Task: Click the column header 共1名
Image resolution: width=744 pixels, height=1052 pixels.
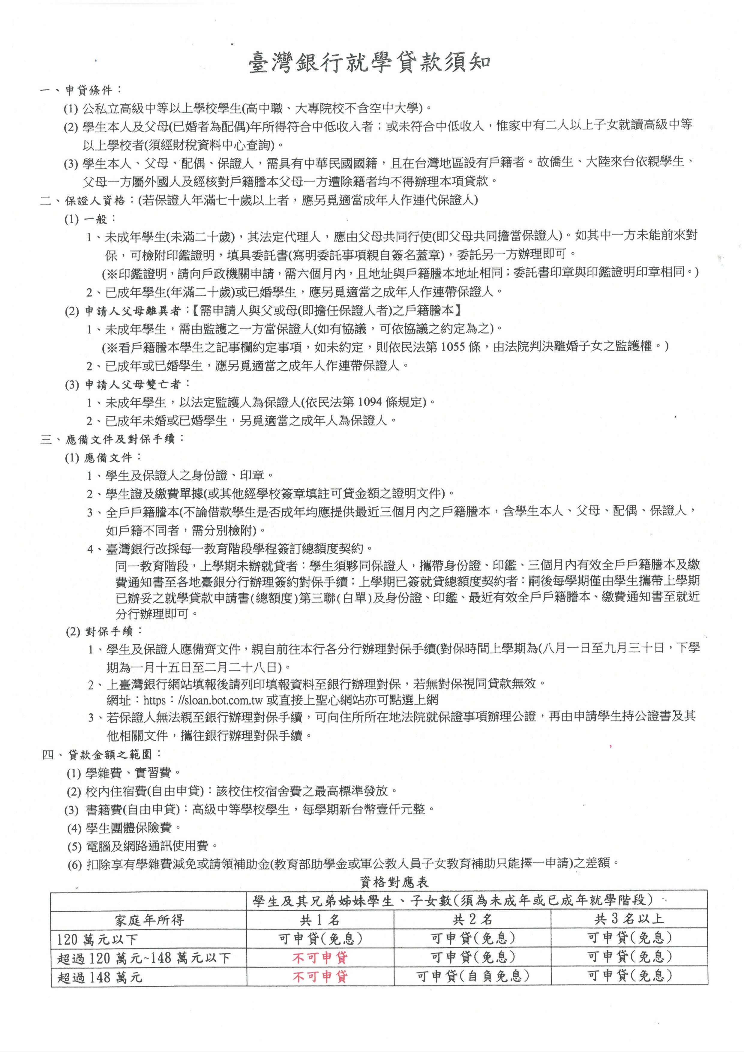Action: (x=320, y=919)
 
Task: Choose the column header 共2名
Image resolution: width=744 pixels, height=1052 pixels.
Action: (x=472, y=919)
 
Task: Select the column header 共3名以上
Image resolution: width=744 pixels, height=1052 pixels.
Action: (x=629, y=919)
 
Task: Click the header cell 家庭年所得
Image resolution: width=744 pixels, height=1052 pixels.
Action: (x=149, y=920)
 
